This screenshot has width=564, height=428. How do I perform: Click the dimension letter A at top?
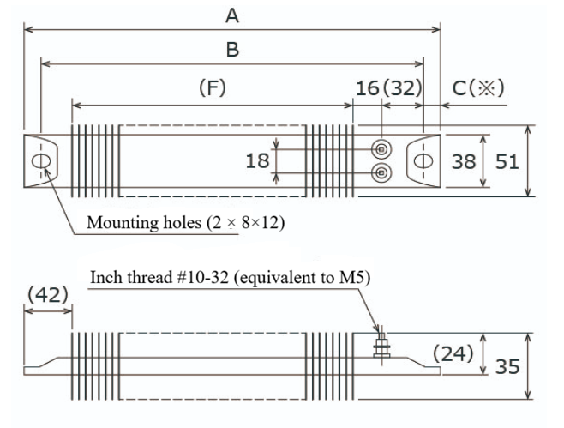click(x=231, y=15)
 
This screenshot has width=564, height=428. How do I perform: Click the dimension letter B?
click(x=231, y=50)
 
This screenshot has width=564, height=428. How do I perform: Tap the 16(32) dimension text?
click(x=387, y=87)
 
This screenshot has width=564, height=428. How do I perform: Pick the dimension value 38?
click(x=464, y=160)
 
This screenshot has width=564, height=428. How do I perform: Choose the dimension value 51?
click(x=507, y=160)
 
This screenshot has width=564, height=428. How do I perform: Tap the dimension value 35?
click(x=508, y=367)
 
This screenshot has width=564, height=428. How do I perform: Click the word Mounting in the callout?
click(x=117, y=223)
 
